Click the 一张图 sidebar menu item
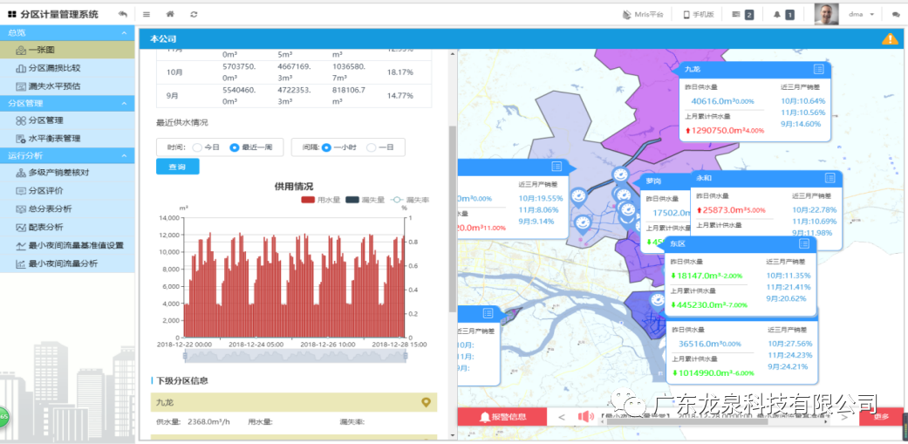(x=40, y=50)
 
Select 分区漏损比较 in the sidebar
(x=54, y=67)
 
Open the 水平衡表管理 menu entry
(x=54, y=138)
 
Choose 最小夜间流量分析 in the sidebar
(x=63, y=263)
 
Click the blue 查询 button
(x=177, y=167)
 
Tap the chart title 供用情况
(x=293, y=187)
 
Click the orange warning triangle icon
(x=889, y=38)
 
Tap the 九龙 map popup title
(x=693, y=69)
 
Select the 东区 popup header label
(x=678, y=243)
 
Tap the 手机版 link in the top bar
(x=699, y=14)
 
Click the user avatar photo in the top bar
(x=826, y=14)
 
